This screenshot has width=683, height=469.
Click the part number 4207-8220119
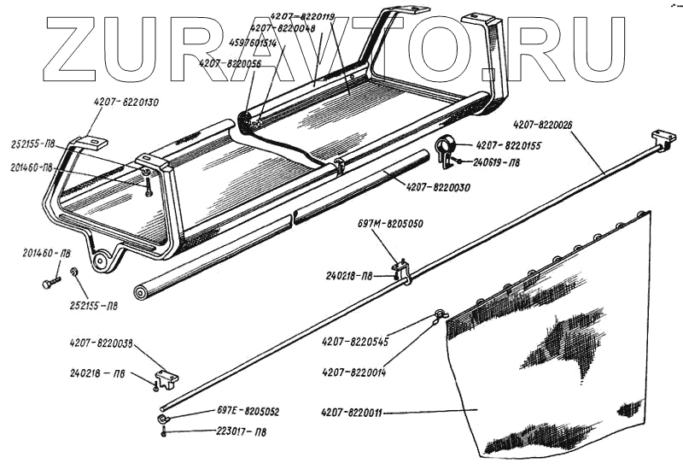[x=305, y=16]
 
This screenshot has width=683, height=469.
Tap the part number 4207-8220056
[x=230, y=62]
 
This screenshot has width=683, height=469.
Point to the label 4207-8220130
[x=127, y=103]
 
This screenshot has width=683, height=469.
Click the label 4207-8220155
[x=509, y=145]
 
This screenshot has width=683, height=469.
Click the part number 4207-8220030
[x=438, y=187]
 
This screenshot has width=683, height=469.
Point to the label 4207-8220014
[x=354, y=371]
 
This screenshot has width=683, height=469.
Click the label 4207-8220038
[x=102, y=343]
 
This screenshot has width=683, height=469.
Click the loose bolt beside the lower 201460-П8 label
[x=49, y=279]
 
